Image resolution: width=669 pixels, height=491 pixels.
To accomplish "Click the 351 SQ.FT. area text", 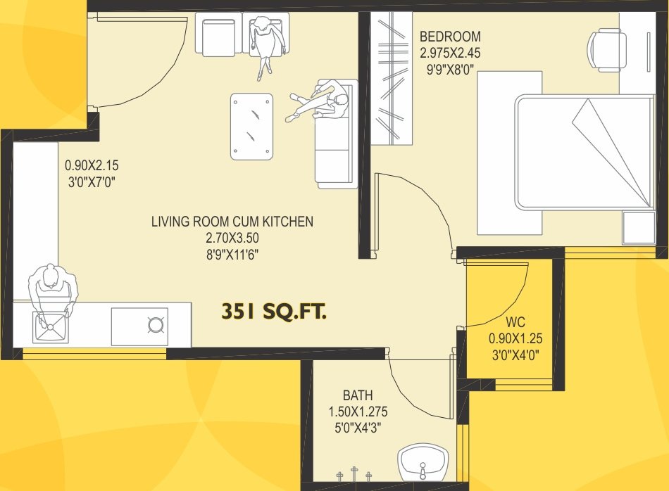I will click(274, 312).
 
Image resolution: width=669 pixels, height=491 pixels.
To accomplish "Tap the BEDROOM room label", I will click(450, 37).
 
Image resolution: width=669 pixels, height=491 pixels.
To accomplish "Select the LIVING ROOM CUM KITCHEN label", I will click(232, 222).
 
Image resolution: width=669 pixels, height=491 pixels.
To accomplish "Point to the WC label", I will click(515, 323).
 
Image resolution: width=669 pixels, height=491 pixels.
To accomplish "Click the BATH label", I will click(358, 396).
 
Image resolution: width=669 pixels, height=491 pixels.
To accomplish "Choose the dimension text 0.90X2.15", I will click(91, 166).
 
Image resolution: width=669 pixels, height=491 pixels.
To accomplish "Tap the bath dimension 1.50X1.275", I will click(358, 412).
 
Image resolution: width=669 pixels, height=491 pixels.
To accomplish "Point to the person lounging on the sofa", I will click(323, 102).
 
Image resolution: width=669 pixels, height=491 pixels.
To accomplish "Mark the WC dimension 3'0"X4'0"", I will click(515, 355).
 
